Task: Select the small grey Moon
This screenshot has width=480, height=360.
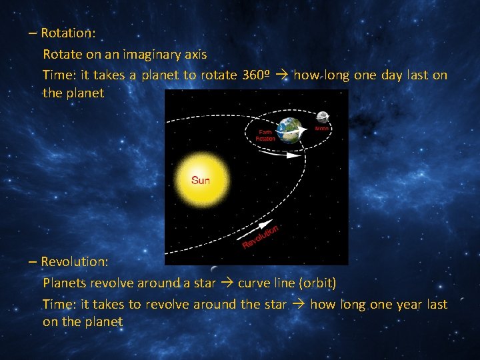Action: [x=323, y=117]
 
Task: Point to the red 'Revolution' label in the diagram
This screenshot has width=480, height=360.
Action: [x=261, y=236]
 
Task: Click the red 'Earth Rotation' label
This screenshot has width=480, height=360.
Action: [x=266, y=135]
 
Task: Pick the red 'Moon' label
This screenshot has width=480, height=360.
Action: [x=323, y=127]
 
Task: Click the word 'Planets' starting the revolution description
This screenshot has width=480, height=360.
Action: [x=64, y=283]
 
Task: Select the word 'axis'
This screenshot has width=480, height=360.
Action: [x=195, y=54]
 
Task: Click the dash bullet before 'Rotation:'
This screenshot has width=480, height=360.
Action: [x=33, y=33]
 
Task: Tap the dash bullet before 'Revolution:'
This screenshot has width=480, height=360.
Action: [x=33, y=262]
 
